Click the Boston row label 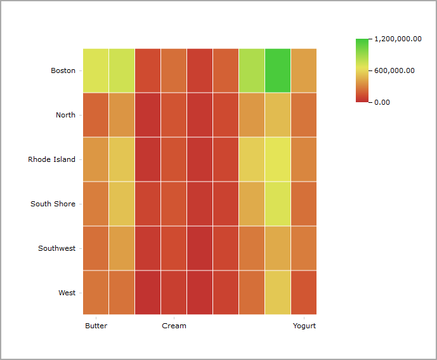(x=63, y=70)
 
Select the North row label (x=65, y=115)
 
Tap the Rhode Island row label (x=51, y=159)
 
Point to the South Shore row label (x=53, y=204)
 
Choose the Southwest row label (x=56, y=248)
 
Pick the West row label (x=67, y=293)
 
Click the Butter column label (x=96, y=326)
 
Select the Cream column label (x=174, y=326)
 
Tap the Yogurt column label (x=304, y=326)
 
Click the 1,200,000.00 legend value (x=398, y=39)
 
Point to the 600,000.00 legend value (x=394, y=70)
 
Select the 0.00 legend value (x=382, y=102)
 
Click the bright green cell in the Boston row (x=278, y=70)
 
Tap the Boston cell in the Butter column (x=96, y=70)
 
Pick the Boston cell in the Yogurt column (x=304, y=70)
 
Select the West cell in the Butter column (x=96, y=293)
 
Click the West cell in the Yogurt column (x=304, y=293)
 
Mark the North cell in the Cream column (x=174, y=115)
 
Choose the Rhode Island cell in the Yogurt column (x=304, y=159)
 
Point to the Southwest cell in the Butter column (x=96, y=248)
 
